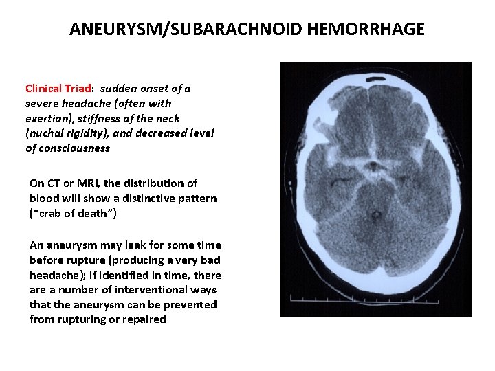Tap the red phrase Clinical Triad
tap(58, 89)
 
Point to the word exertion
tap(47, 118)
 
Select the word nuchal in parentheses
tap(47, 133)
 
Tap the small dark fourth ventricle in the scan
tap(375, 215)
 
